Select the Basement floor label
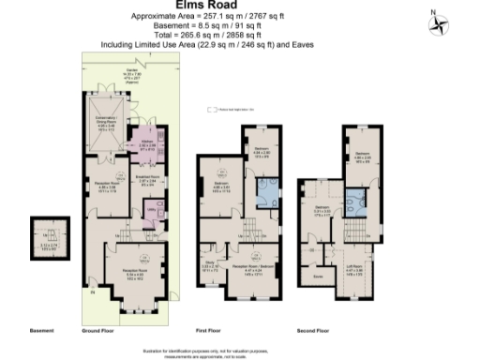tap(42, 330)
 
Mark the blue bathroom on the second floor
tap(357, 202)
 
